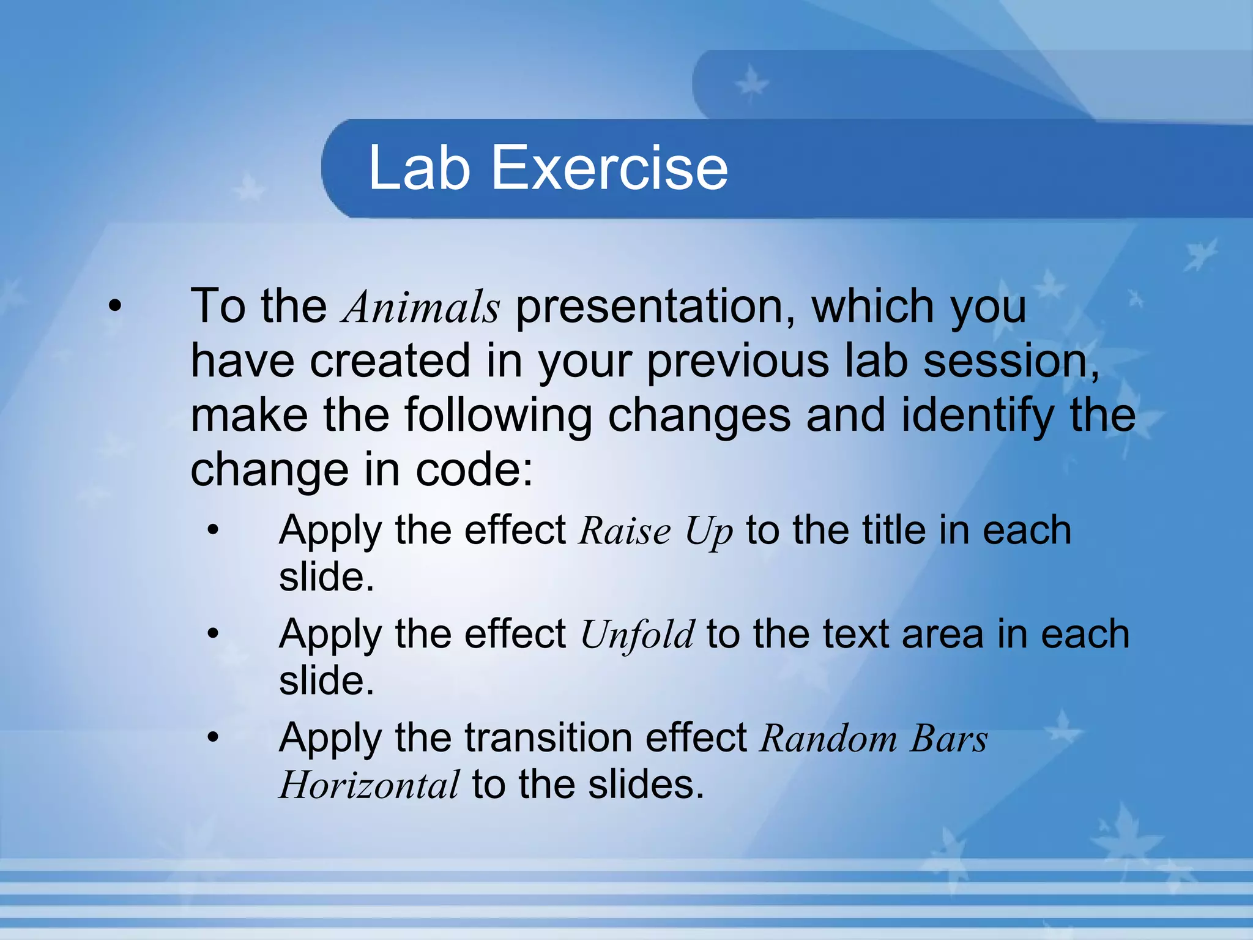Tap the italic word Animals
(422, 307)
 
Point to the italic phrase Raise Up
(655, 531)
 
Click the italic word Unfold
(637, 635)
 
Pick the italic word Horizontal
(369, 785)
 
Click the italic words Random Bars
(873, 739)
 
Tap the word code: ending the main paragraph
(475, 470)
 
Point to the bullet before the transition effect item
(212, 737)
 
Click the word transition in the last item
(548, 737)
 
